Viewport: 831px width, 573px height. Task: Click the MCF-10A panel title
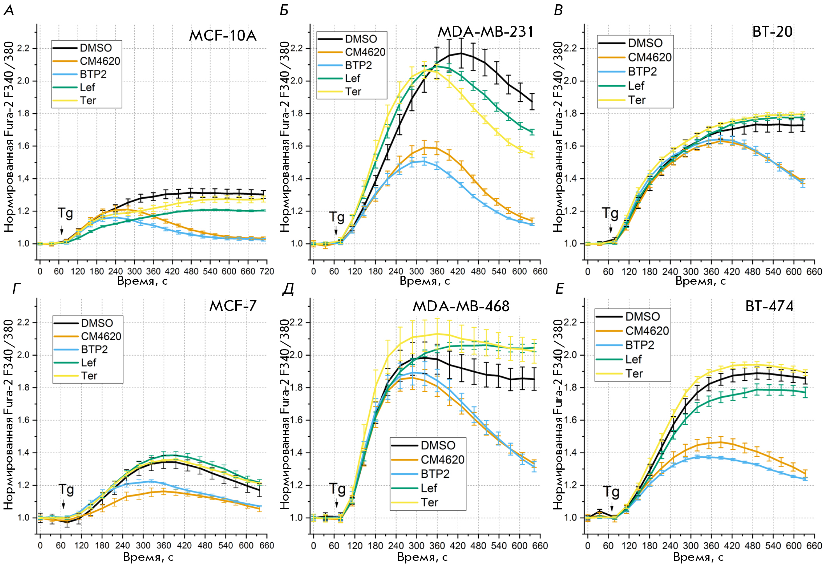tap(222, 36)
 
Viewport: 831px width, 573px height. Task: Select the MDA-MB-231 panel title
tap(485, 32)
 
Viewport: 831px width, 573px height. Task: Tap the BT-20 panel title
tap(772, 32)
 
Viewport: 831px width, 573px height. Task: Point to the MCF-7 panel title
tap(233, 306)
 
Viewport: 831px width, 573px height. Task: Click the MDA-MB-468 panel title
tap(461, 306)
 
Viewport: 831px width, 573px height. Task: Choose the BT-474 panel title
tap(769, 306)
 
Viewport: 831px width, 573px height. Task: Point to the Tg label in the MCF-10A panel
tap(65, 213)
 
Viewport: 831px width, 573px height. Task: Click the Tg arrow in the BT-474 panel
tap(612, 507)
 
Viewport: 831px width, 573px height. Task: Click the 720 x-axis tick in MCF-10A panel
tap(267, 271)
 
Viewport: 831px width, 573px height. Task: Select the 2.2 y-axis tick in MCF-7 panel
tap(23, 323)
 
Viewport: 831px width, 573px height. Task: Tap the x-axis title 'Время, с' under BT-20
tap(700, 281)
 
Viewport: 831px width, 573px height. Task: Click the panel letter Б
tap(284, 10)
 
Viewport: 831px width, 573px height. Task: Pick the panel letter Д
tap(288, 289)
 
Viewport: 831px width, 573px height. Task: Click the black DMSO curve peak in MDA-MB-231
tap(461, 53)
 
